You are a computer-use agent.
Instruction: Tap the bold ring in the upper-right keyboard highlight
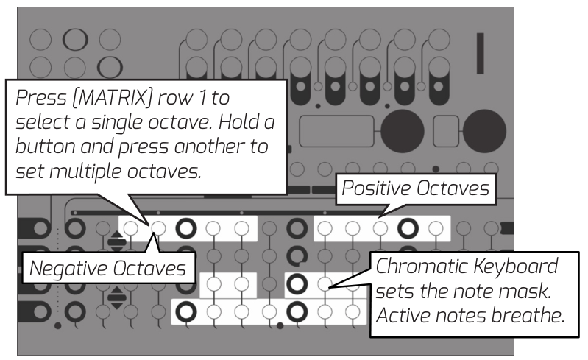point(297,283)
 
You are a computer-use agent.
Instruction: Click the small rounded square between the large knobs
point(447,132)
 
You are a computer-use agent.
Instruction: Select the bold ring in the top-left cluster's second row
point(108,66)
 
